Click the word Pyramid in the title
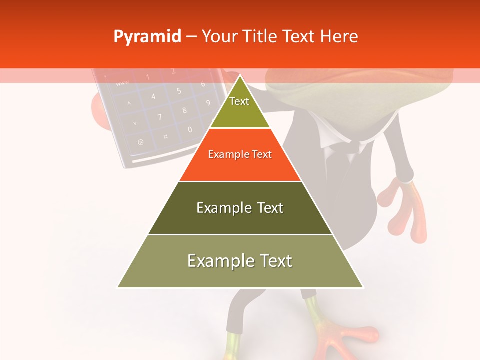[x=147, y=37]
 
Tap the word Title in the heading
[x=262, y=37]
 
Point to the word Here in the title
[x=339, y=37]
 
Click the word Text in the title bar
[x=299, y=37]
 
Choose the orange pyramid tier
[x=240, y=155]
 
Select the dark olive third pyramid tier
[x=240, y=208]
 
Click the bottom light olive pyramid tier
[x=240, y=261]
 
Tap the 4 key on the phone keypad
[x=153, y=96]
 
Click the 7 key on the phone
[x=160, y=117]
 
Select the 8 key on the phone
[x=184, y=110]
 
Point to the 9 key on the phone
[x=208, y=103]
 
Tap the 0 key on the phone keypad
[x=190, y=129]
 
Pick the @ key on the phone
[x=141, y=142]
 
